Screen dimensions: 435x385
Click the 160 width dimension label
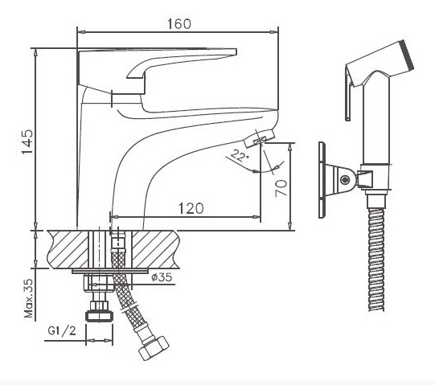click(x=179, y=23)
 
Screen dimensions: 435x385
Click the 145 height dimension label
click(x=28, y=141)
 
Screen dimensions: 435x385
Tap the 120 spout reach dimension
click(x=191, y=208)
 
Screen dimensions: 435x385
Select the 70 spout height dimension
click(x=281, y=188)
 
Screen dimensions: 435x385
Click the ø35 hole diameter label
click(x=162, y=277)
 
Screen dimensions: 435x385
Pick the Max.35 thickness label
click(x=28, y=298)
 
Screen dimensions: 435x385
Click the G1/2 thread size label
click(x=62, y=330)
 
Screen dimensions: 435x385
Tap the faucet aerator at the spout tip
click(x=260, y=138)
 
